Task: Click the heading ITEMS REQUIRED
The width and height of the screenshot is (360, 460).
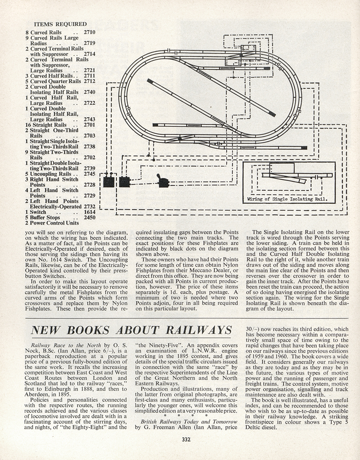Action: click(60, 24)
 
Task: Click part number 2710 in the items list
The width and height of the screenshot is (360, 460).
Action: click(89, 32)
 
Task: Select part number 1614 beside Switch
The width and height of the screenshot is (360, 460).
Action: click(89, 212)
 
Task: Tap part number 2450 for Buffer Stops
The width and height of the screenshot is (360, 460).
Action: click(89, 218)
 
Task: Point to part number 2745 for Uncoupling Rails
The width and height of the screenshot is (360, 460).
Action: click(89, 174)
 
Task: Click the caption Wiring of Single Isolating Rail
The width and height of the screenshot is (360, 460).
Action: click(287, 199)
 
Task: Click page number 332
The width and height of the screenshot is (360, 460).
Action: click(186, 439)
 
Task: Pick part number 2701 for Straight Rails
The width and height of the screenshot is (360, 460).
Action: click(89, 125)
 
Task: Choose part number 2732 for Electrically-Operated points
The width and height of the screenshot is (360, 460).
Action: click(89, 207)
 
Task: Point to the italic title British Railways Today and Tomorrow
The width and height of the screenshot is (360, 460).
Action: click(189, 421)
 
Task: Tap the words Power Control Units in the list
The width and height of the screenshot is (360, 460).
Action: click(54, 223)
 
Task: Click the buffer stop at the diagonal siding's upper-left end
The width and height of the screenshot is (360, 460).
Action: click(149, 80)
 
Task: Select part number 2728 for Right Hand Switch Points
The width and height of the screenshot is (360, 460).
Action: click(89, 184)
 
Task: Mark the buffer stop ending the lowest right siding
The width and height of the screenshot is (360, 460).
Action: click(304, 148)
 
